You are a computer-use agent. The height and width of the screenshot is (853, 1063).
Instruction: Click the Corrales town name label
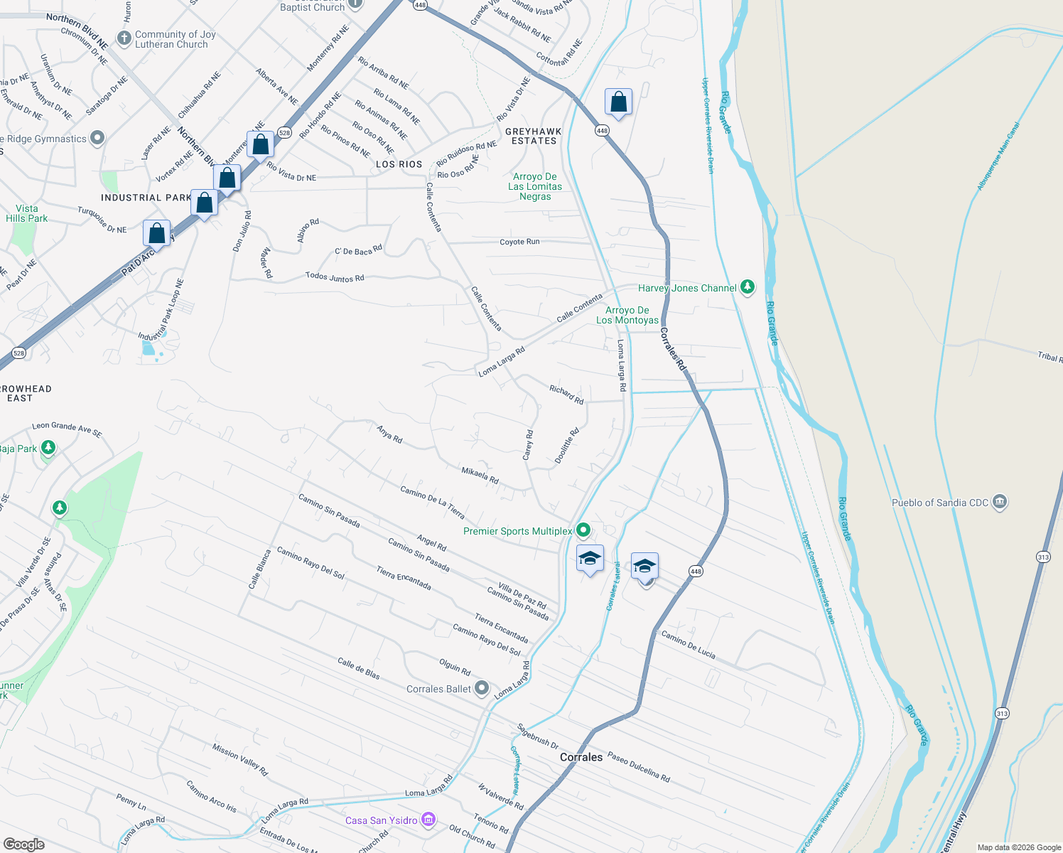(581, 757)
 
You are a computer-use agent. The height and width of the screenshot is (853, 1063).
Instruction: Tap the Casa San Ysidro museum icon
(428, 820)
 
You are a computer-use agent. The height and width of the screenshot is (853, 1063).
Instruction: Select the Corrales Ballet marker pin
(482, 688)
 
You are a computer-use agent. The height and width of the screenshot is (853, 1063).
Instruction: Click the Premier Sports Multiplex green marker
(583, 530)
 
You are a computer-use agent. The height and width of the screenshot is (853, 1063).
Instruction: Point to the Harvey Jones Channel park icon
(747, 287)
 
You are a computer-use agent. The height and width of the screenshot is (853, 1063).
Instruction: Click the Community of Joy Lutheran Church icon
(124, 38)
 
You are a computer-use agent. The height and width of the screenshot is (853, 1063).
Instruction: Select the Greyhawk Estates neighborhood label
(534, 136)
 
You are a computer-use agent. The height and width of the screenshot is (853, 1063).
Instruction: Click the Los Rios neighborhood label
(399, 164)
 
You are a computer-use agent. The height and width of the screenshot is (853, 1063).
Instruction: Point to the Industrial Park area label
(146, 198)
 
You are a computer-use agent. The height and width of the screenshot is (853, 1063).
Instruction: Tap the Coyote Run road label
(519, 242)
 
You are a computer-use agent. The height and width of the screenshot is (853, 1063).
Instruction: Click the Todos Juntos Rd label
(335, 277)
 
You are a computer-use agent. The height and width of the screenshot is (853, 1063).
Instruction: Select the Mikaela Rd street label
(480, 475)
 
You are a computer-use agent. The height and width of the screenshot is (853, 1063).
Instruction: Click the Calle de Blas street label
(358, 668)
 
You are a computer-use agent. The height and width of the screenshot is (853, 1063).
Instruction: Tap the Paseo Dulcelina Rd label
(638, 767)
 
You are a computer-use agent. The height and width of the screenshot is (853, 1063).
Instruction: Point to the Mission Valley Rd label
(240, 759)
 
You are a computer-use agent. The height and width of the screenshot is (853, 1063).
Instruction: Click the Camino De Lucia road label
(688, 644)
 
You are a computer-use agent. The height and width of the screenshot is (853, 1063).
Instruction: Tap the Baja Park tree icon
(48, 448)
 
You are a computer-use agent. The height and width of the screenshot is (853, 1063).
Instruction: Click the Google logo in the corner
(23, 844)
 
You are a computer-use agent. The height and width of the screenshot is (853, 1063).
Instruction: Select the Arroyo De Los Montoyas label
(627, 315)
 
